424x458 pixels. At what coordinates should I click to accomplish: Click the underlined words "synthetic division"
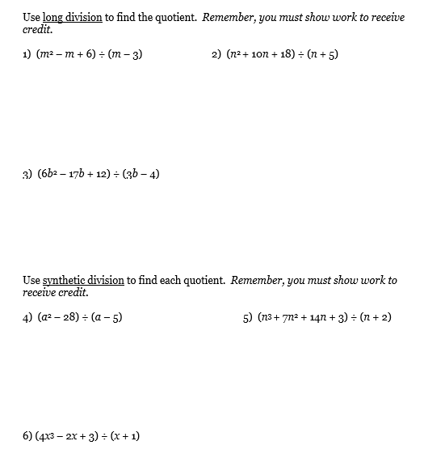[83, 281]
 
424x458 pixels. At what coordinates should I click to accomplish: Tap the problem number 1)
[28, 58]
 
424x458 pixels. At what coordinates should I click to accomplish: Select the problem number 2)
[216, 58]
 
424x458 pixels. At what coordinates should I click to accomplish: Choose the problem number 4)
[28, 317]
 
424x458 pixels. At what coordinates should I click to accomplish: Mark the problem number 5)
[248, 317]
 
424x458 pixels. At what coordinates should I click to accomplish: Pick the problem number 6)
[28, 435]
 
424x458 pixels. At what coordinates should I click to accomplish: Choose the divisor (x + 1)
[123, 435]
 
